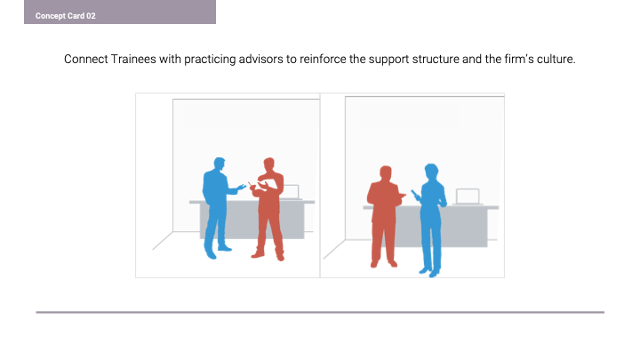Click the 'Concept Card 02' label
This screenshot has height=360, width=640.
(65, 16)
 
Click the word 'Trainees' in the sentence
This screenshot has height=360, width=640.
(133, 60)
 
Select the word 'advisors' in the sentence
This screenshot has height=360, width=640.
(260, 60)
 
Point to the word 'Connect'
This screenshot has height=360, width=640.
(86, 60)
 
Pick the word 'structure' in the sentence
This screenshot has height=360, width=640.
(436, 60)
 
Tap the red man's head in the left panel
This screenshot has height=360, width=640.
(268, 164)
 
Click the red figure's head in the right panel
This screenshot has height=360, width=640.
(386, 173)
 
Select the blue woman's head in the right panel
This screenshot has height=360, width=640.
(431, 172)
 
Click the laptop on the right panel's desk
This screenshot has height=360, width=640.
(468, 196)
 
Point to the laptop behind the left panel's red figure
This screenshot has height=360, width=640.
(290, 192)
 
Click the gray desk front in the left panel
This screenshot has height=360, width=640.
(252, 220)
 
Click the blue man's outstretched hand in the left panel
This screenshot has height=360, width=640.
(241, 188)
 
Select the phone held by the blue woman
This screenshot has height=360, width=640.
(414, 193)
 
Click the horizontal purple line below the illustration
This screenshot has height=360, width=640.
(320, 312)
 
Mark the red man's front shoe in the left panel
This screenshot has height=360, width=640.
(258, 255)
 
